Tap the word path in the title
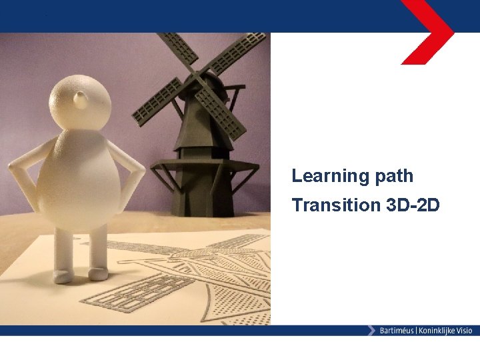coord(391,176)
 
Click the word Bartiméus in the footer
coord(397,331)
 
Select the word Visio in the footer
coord(464,331)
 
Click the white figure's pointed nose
coord(81,99)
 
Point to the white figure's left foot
coord(97,272)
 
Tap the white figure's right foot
coord(62,275)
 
